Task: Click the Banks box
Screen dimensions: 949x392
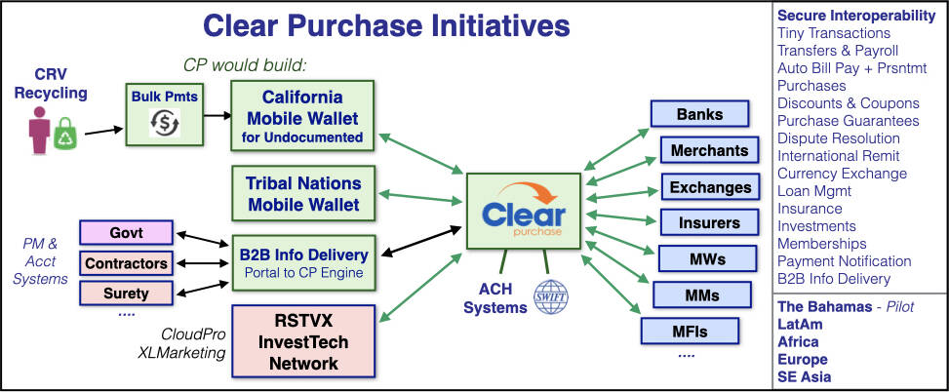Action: coord(699,113)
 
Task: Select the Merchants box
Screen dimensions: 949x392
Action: coord(709,149)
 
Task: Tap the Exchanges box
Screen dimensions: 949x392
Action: coord(710,187)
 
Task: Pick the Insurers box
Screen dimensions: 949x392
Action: coord(709,222)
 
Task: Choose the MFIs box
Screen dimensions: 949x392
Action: coord(690,331)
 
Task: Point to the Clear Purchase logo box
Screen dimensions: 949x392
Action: coord(524,212)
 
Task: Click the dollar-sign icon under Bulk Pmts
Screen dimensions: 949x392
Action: coord(164,123)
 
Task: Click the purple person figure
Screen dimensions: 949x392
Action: coord(39,129)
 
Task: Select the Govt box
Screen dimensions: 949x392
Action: coord(127,232)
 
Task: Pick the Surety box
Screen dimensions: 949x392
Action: coord(127,294)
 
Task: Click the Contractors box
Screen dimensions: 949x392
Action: coord(127,263)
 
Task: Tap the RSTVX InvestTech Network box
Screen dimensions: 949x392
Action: coord(303,341)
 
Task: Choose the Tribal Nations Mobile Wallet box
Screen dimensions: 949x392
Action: coord(303,194)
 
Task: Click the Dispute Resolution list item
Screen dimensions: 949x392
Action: coord(838,138)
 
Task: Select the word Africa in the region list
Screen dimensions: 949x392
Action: coord(798,342)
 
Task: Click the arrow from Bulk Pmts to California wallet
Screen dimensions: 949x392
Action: coord(217,114)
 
